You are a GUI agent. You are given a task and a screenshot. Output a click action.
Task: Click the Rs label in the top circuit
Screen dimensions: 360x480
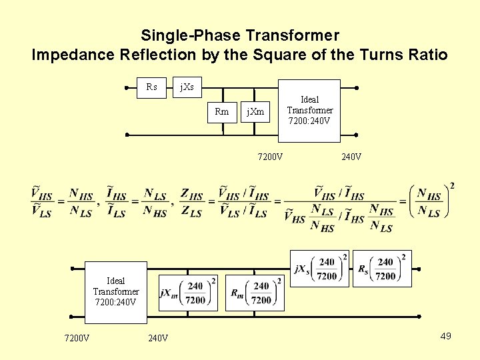coord(152,87)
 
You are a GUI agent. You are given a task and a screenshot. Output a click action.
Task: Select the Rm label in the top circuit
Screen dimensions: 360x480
coord(222,112)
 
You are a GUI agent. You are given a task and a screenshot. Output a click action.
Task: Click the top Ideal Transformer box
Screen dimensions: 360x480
coord(309,111)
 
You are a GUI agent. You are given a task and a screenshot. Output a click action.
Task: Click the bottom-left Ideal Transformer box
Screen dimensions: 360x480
coord(115,291)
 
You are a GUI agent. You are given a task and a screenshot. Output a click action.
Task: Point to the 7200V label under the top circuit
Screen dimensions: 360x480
coord(270,157)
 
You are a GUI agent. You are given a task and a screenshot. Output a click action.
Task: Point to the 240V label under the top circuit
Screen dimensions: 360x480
coord(351,157)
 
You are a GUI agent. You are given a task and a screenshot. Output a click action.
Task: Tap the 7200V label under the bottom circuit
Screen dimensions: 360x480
coord(77,338)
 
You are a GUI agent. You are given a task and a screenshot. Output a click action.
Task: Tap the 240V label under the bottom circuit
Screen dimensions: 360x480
coord(158,338)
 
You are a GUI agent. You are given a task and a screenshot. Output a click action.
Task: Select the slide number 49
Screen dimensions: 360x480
coord(445,335)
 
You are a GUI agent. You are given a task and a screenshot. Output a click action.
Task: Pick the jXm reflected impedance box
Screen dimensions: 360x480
coord(188,293)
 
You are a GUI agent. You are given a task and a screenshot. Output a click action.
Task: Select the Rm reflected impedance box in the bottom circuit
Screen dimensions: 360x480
coord(254,293)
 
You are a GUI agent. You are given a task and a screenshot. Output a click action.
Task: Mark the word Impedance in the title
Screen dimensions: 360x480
coord(70,55)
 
